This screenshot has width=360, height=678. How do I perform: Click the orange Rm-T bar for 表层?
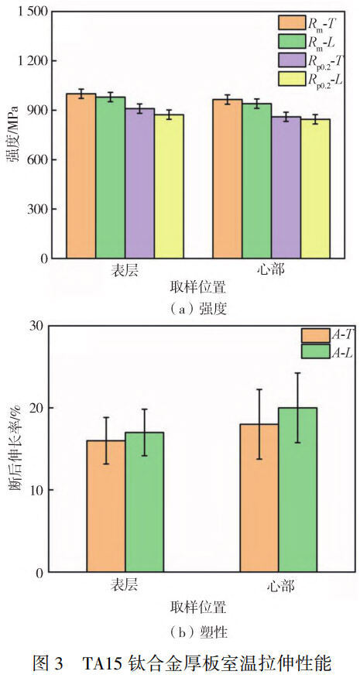(81, 176)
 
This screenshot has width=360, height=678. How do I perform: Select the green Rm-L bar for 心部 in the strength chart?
(256, 181)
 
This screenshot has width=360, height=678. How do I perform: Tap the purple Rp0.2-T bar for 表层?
(140, 183)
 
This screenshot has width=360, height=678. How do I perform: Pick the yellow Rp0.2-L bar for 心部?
(315, 189)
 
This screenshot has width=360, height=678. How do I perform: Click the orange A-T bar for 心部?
(259, 498)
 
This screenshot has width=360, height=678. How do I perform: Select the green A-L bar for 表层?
(144, 502)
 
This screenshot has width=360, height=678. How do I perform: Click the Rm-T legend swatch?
(292, 22)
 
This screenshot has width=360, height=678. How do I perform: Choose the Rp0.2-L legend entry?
(310, 79)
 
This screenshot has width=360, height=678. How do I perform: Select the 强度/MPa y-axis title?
(14, 135)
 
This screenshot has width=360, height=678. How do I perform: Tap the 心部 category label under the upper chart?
(271, 272)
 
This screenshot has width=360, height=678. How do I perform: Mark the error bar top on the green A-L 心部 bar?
(297, 373)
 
